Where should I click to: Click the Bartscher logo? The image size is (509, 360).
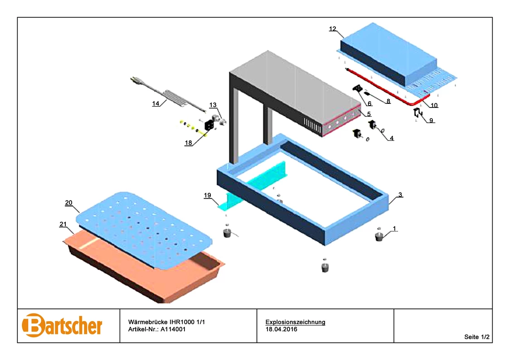[62, 325]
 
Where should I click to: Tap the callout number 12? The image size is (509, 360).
[332, 29]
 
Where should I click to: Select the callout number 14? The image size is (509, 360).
[156, 103]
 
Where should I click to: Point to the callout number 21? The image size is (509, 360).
[63, 224]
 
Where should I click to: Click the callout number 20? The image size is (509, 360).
[68, 203]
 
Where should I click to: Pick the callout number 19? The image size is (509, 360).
[208, 195]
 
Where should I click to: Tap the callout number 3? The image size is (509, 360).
[400, 195]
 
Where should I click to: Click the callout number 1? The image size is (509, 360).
[394, 229]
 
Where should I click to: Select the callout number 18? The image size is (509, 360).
[188, 143]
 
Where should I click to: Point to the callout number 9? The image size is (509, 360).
[431, 121]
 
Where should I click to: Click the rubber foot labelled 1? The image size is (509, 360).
[378, 237]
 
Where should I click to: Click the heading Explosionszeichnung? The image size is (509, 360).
[296, 322]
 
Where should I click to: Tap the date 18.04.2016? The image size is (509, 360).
[281, 329]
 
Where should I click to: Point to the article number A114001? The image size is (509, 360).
[173, 329]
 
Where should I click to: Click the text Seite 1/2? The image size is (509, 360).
[477, 337]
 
